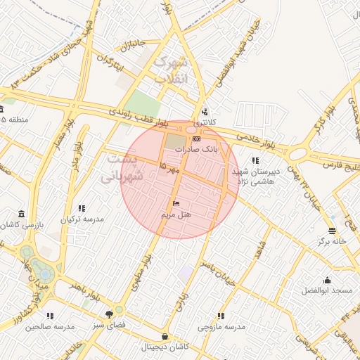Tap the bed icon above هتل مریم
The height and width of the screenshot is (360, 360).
pos(176,203)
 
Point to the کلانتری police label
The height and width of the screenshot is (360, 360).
pos(205,122)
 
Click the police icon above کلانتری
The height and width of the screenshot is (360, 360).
pos(205,112)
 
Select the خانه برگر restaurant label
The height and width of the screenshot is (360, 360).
pos(333,240)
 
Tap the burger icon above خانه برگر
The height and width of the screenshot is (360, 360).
pos(332,231)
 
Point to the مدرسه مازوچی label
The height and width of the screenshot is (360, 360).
pos(221,327)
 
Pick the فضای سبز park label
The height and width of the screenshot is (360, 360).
pos(108,326)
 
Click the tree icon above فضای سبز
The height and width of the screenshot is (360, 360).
pos(108,315)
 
